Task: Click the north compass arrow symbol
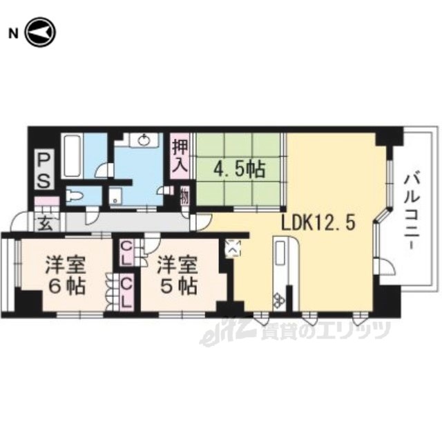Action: [x=41, y=32]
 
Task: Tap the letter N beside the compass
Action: [x=13, y=34]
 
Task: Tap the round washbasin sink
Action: [x=144, y=140]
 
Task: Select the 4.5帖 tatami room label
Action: [x=240, y=169]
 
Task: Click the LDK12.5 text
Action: [x=318, y=224]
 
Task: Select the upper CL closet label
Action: [x=126, y=253]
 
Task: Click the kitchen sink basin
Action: [x=280, y=253]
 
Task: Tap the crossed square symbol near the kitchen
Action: [x=233, y=248]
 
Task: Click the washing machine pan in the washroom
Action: [x=115, y=195]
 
